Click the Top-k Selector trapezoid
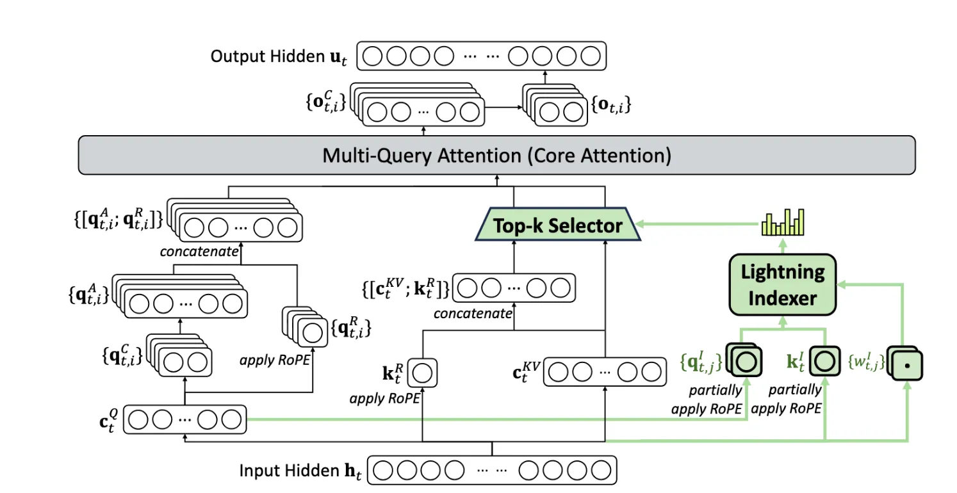558,225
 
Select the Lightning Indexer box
782,284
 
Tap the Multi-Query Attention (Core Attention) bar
496,156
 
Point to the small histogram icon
782,223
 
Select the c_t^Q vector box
185,420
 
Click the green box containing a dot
907,366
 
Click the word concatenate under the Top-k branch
473,314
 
